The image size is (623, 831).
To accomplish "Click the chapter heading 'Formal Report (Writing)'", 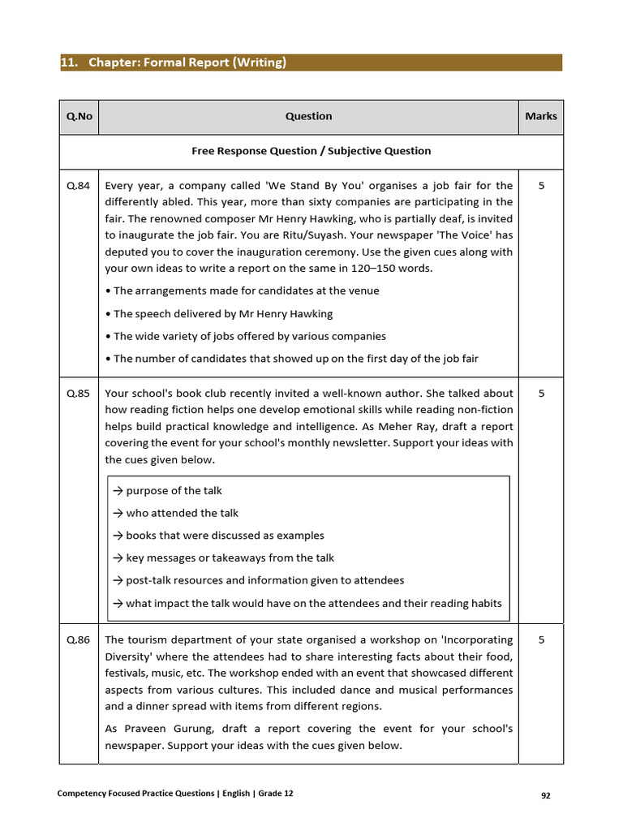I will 174,62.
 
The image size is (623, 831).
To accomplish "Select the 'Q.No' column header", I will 79,116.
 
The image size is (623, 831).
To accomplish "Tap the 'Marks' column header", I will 540,116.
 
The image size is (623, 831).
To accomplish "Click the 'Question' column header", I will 308,116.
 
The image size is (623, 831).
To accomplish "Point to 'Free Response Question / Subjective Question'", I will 311,151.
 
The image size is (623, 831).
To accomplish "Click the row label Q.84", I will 79,186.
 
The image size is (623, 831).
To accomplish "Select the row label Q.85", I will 79,394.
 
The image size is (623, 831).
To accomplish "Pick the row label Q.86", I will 79,639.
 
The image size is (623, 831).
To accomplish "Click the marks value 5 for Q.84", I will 541,186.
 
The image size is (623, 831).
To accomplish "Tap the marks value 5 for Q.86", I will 541,639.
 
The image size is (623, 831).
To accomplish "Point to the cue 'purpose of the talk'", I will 173,491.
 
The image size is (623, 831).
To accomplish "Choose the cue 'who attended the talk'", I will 181,513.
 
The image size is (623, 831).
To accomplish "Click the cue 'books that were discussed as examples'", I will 224,536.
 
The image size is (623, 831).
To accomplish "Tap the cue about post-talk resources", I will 264,580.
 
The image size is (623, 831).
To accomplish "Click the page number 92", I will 546,796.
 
